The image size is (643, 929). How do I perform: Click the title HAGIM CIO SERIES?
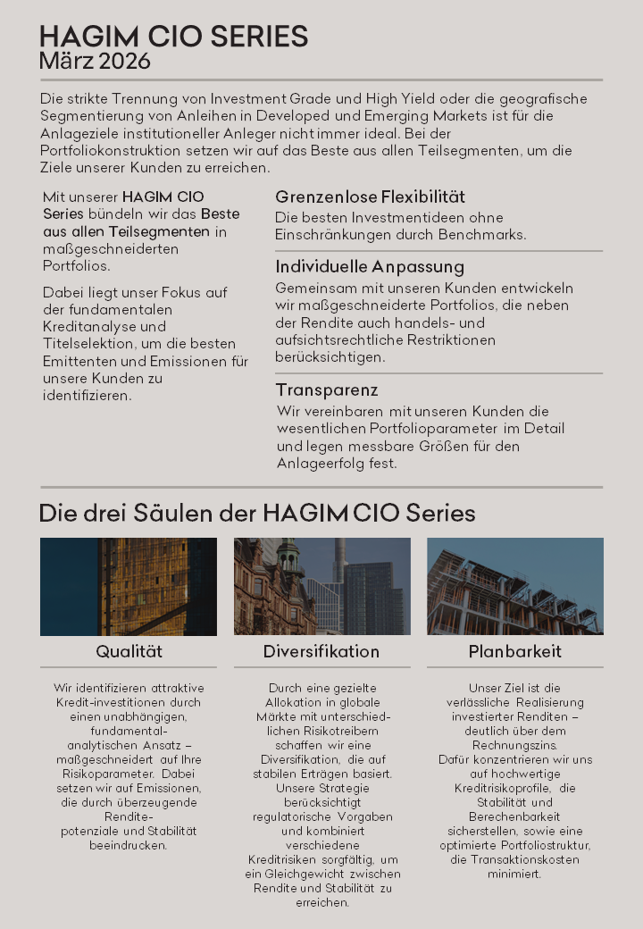coord(173,37)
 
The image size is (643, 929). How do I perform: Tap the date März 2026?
coord(95,62)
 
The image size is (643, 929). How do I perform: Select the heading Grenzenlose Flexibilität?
coord(370,197)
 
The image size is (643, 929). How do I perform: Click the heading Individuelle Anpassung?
coord(370,267)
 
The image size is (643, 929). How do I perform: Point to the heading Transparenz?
coord(327,390)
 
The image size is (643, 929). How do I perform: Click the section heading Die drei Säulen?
coord(257,514)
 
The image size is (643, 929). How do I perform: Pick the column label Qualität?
coord(129,651)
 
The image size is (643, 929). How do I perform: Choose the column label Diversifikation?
coord(321,651)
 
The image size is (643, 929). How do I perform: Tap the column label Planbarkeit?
coord(515,651)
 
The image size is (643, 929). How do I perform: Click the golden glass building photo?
coord(129,586)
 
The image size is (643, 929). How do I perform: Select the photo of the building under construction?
coord(515,586)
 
